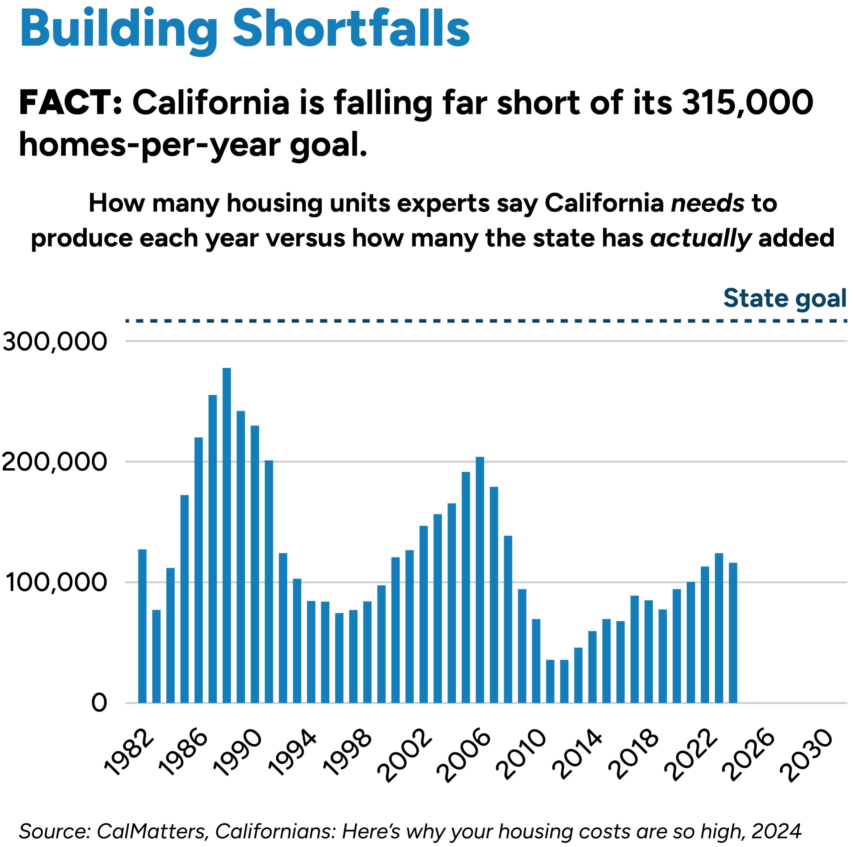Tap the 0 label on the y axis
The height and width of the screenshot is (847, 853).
pos(99,703)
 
